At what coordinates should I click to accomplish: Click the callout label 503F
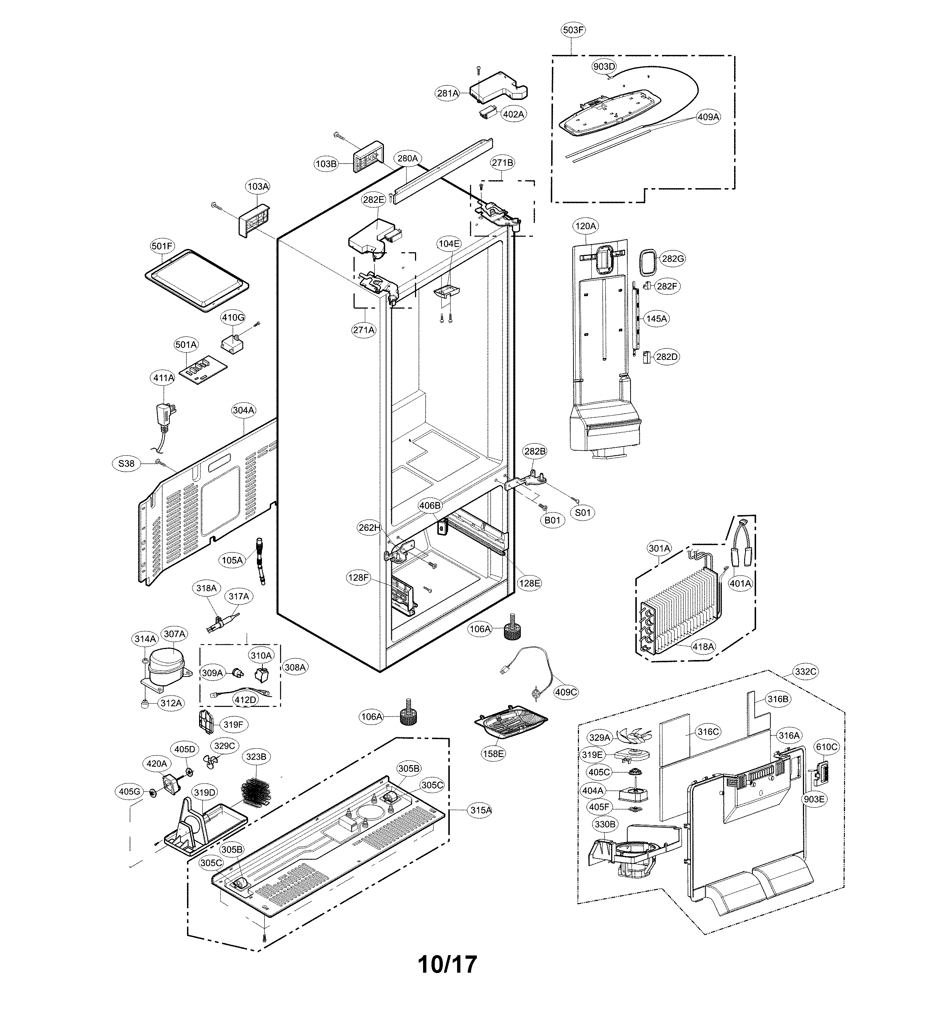point(573,30)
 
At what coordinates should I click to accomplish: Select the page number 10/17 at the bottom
point(448,965)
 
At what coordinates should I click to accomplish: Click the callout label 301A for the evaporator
point(659,548)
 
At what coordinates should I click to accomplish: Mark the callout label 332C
point(805,671)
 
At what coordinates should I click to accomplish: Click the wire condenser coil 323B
point(256,794)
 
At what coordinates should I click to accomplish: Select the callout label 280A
point(408,159)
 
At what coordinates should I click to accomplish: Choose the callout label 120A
point(586,226)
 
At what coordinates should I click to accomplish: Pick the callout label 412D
point(245,700)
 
